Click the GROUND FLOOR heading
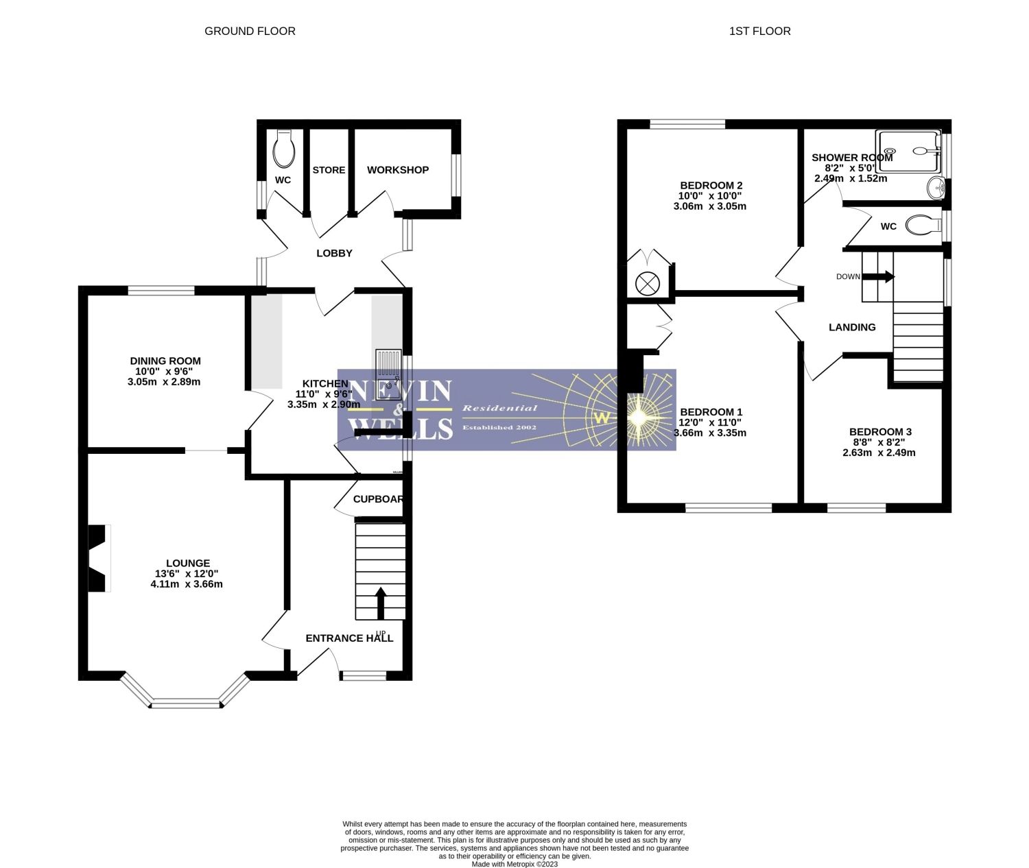250,31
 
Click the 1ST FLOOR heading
759,31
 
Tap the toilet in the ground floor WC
283,150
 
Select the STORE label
329,170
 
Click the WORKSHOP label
397,170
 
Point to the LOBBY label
334,253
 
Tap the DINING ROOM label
165,361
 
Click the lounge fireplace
99,558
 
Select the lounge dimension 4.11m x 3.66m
186,584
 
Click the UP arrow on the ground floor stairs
380,603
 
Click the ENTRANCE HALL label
349,638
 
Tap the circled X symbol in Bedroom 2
646,283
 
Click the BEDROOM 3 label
879,432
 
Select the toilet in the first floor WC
923,225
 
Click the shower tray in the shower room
910,152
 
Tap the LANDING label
852,327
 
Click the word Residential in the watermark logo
499,408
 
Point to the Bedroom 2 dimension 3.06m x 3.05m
711,206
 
